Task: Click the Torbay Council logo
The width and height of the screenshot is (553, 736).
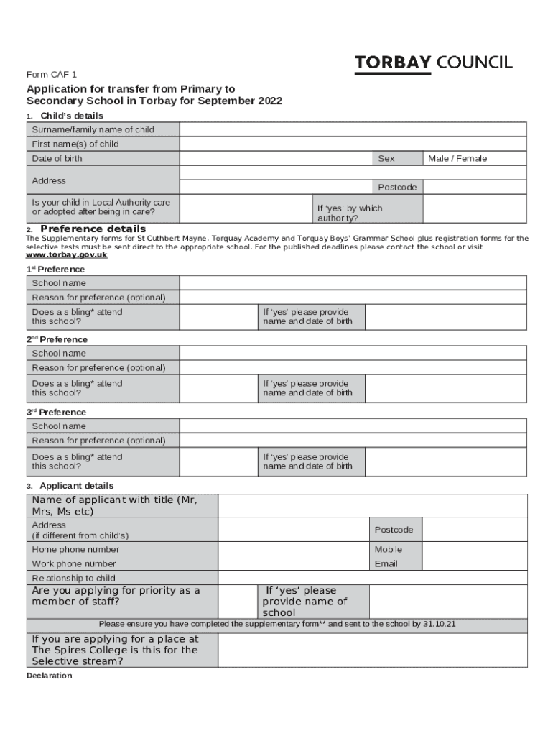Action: click(x=434, y=63)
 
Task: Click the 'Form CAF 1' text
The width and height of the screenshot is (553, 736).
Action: click(x=51, y=74)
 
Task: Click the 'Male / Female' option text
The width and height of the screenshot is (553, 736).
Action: click(x=457, y=158)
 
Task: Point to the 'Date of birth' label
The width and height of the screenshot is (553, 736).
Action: click(x=57, y=158)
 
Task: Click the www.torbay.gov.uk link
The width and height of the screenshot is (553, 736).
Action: click(x=66, y=254)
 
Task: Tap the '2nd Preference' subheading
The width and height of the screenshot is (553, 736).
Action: click(x=57, y=339)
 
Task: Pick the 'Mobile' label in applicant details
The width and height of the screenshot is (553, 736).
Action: click(x=389, y=549)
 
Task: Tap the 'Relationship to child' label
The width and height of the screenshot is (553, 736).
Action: click(x=73, y=578)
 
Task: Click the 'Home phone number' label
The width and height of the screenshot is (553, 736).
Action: click(x=75, y=549)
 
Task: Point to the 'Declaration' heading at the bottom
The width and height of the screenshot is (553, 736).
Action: click(x=50, y=676)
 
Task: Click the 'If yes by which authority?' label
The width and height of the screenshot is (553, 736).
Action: click(x=350, y=213)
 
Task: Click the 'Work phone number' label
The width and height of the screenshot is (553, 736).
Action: click(x=73, y=563)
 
